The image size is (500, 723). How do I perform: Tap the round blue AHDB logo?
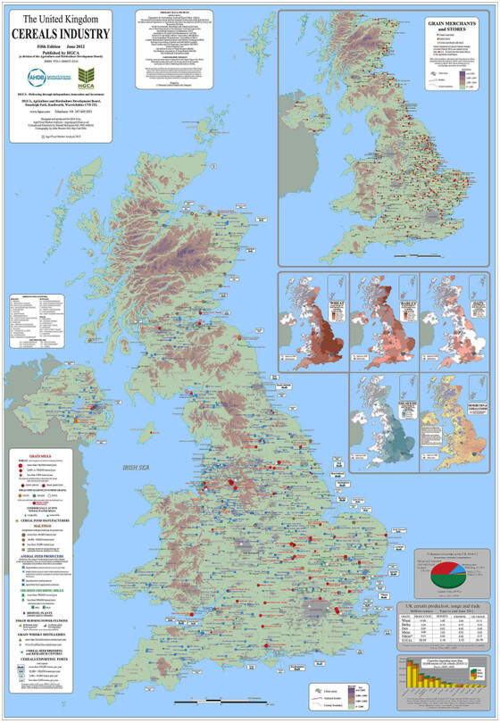39,76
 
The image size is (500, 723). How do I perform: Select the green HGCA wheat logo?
87,76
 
